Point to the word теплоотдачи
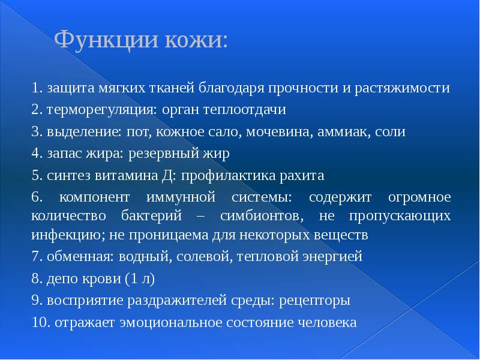coord(244,110)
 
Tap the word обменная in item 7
coord(73,257)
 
